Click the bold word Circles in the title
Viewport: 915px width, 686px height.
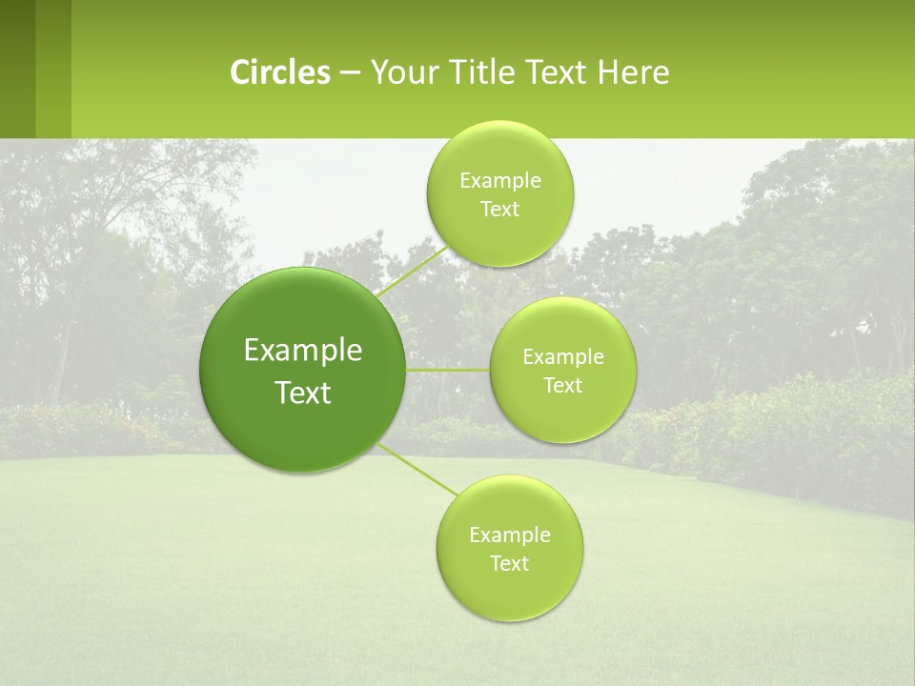coord(279,72)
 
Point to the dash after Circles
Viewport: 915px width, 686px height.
coord(350,73)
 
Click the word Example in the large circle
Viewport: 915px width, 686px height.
coord(303,351)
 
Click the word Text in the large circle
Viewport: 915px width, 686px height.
coord(303,393)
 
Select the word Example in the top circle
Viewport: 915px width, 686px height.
coord(500,181)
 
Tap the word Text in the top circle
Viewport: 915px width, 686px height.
coord(499,210)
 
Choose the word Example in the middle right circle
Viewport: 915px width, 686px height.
coord(563,357)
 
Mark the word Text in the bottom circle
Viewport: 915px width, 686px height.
coord(509,564)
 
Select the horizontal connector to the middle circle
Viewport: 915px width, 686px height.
coord(447,370)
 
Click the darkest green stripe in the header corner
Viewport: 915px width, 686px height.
coord(17,69)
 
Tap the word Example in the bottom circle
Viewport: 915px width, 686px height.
coord(510,535)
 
